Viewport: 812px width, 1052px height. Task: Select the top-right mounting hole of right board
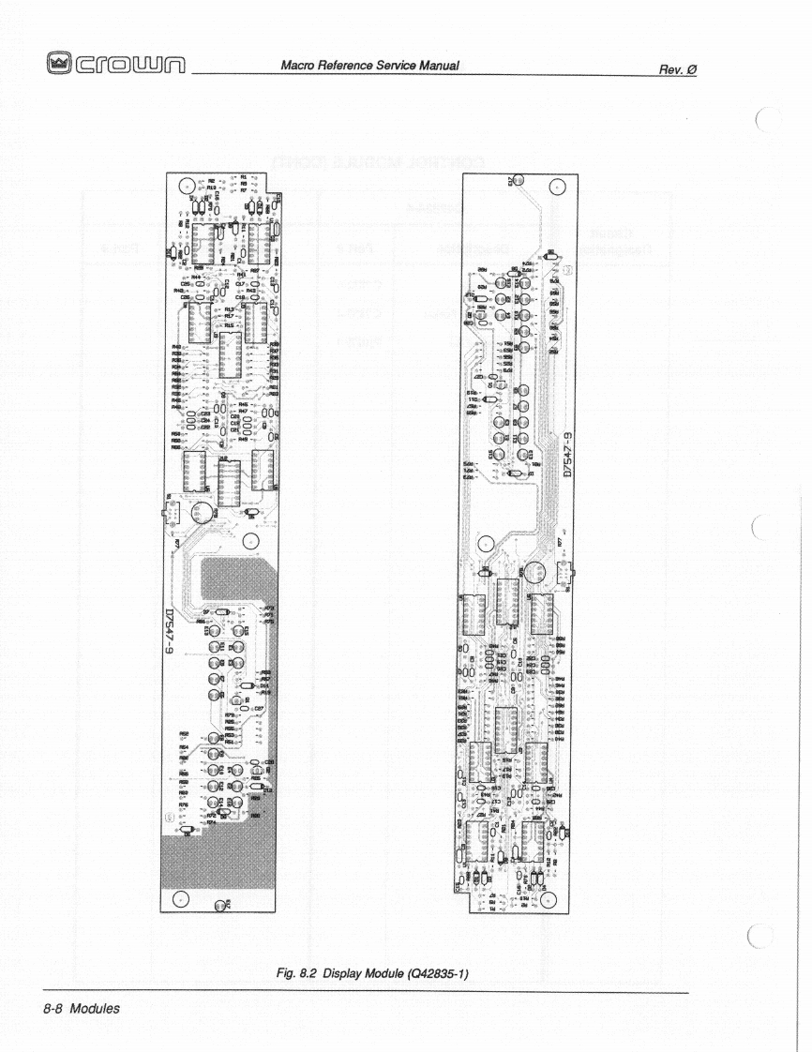(554, 187)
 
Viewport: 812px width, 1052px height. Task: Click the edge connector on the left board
(173, 514)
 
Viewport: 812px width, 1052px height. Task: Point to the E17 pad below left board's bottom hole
(220, 906)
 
